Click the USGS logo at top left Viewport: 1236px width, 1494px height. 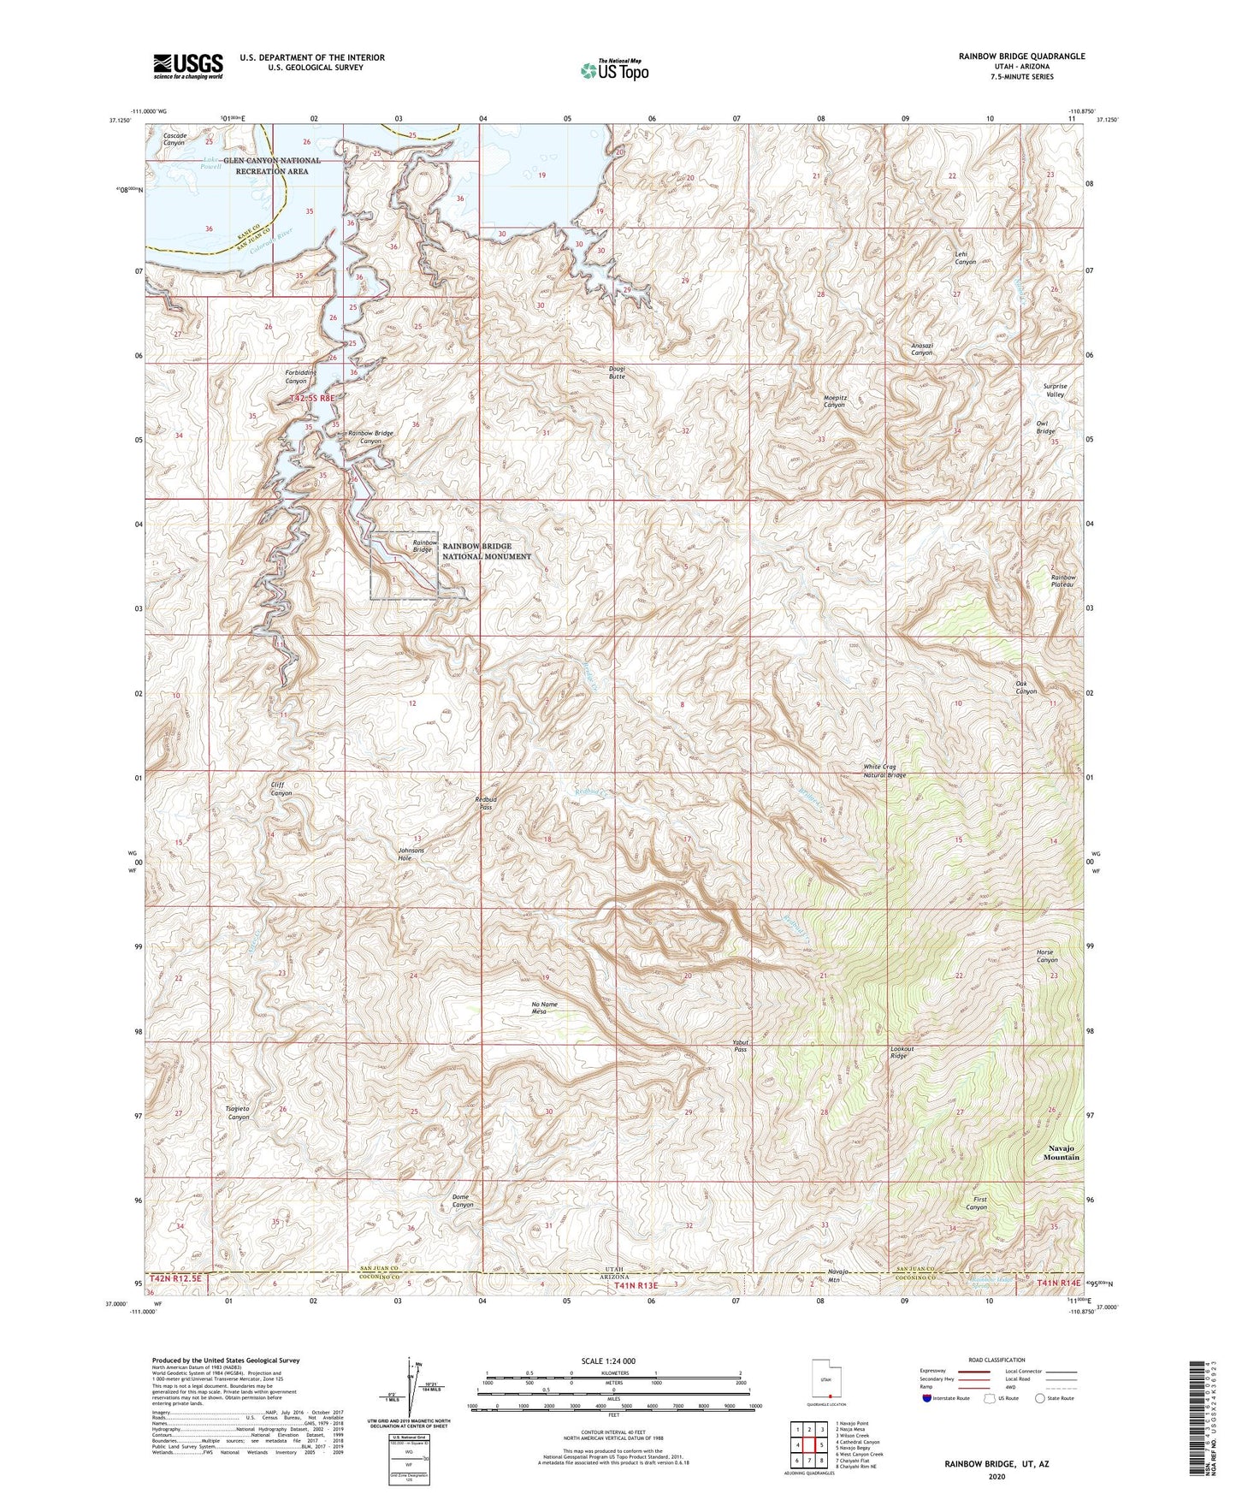188,66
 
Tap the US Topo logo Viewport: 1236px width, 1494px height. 615,70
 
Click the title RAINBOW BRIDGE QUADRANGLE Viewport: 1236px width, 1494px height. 1021,56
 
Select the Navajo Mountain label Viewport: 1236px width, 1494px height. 1061,1153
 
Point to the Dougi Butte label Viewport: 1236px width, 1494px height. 617,373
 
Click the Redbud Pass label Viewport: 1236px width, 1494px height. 485,803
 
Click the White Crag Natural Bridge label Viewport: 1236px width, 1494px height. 884,771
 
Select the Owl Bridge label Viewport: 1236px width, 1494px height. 1046,427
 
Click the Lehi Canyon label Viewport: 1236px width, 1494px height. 965,258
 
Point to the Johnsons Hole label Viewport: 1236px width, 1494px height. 411,855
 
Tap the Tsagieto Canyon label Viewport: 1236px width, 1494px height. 238,1112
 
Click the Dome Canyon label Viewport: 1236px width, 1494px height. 462,1201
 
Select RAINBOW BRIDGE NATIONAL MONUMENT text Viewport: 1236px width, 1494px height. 486,551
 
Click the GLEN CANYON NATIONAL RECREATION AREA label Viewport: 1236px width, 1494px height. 272,165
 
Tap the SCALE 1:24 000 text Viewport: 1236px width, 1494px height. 608,1361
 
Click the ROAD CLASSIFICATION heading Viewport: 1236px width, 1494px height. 996,1360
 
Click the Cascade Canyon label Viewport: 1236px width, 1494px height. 174,139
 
